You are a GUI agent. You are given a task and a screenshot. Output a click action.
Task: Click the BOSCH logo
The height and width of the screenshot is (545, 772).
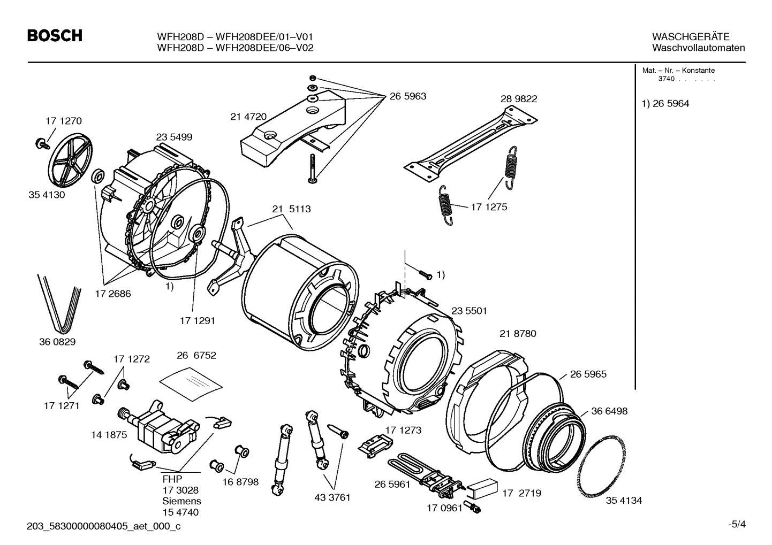(x=55, y=36)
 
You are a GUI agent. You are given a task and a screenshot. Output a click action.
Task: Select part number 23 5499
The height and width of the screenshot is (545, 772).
(x=174, y=137)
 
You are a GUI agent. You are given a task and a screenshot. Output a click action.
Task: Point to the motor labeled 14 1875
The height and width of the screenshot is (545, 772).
(x=158, y=426)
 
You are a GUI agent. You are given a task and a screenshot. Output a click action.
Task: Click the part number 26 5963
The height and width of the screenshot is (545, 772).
(x=407, y=96)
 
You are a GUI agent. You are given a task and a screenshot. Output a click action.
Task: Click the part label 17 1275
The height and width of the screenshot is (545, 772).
(x=489, y=207)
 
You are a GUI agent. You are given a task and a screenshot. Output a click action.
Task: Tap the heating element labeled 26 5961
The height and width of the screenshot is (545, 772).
(x=423, y=471)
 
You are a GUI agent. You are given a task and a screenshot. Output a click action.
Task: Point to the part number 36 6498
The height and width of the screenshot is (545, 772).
(x=609, y=411)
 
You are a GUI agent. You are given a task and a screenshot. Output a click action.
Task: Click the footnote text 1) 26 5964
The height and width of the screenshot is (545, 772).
(x=665, y=104)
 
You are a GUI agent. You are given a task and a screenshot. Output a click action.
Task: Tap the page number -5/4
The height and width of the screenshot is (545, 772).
(x=737, y=524)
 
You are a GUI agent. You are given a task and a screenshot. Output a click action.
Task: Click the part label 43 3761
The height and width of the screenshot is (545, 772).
(x=332, y=497)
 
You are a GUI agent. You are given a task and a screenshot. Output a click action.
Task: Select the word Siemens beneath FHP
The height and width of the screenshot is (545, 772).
(x=181, y=501)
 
